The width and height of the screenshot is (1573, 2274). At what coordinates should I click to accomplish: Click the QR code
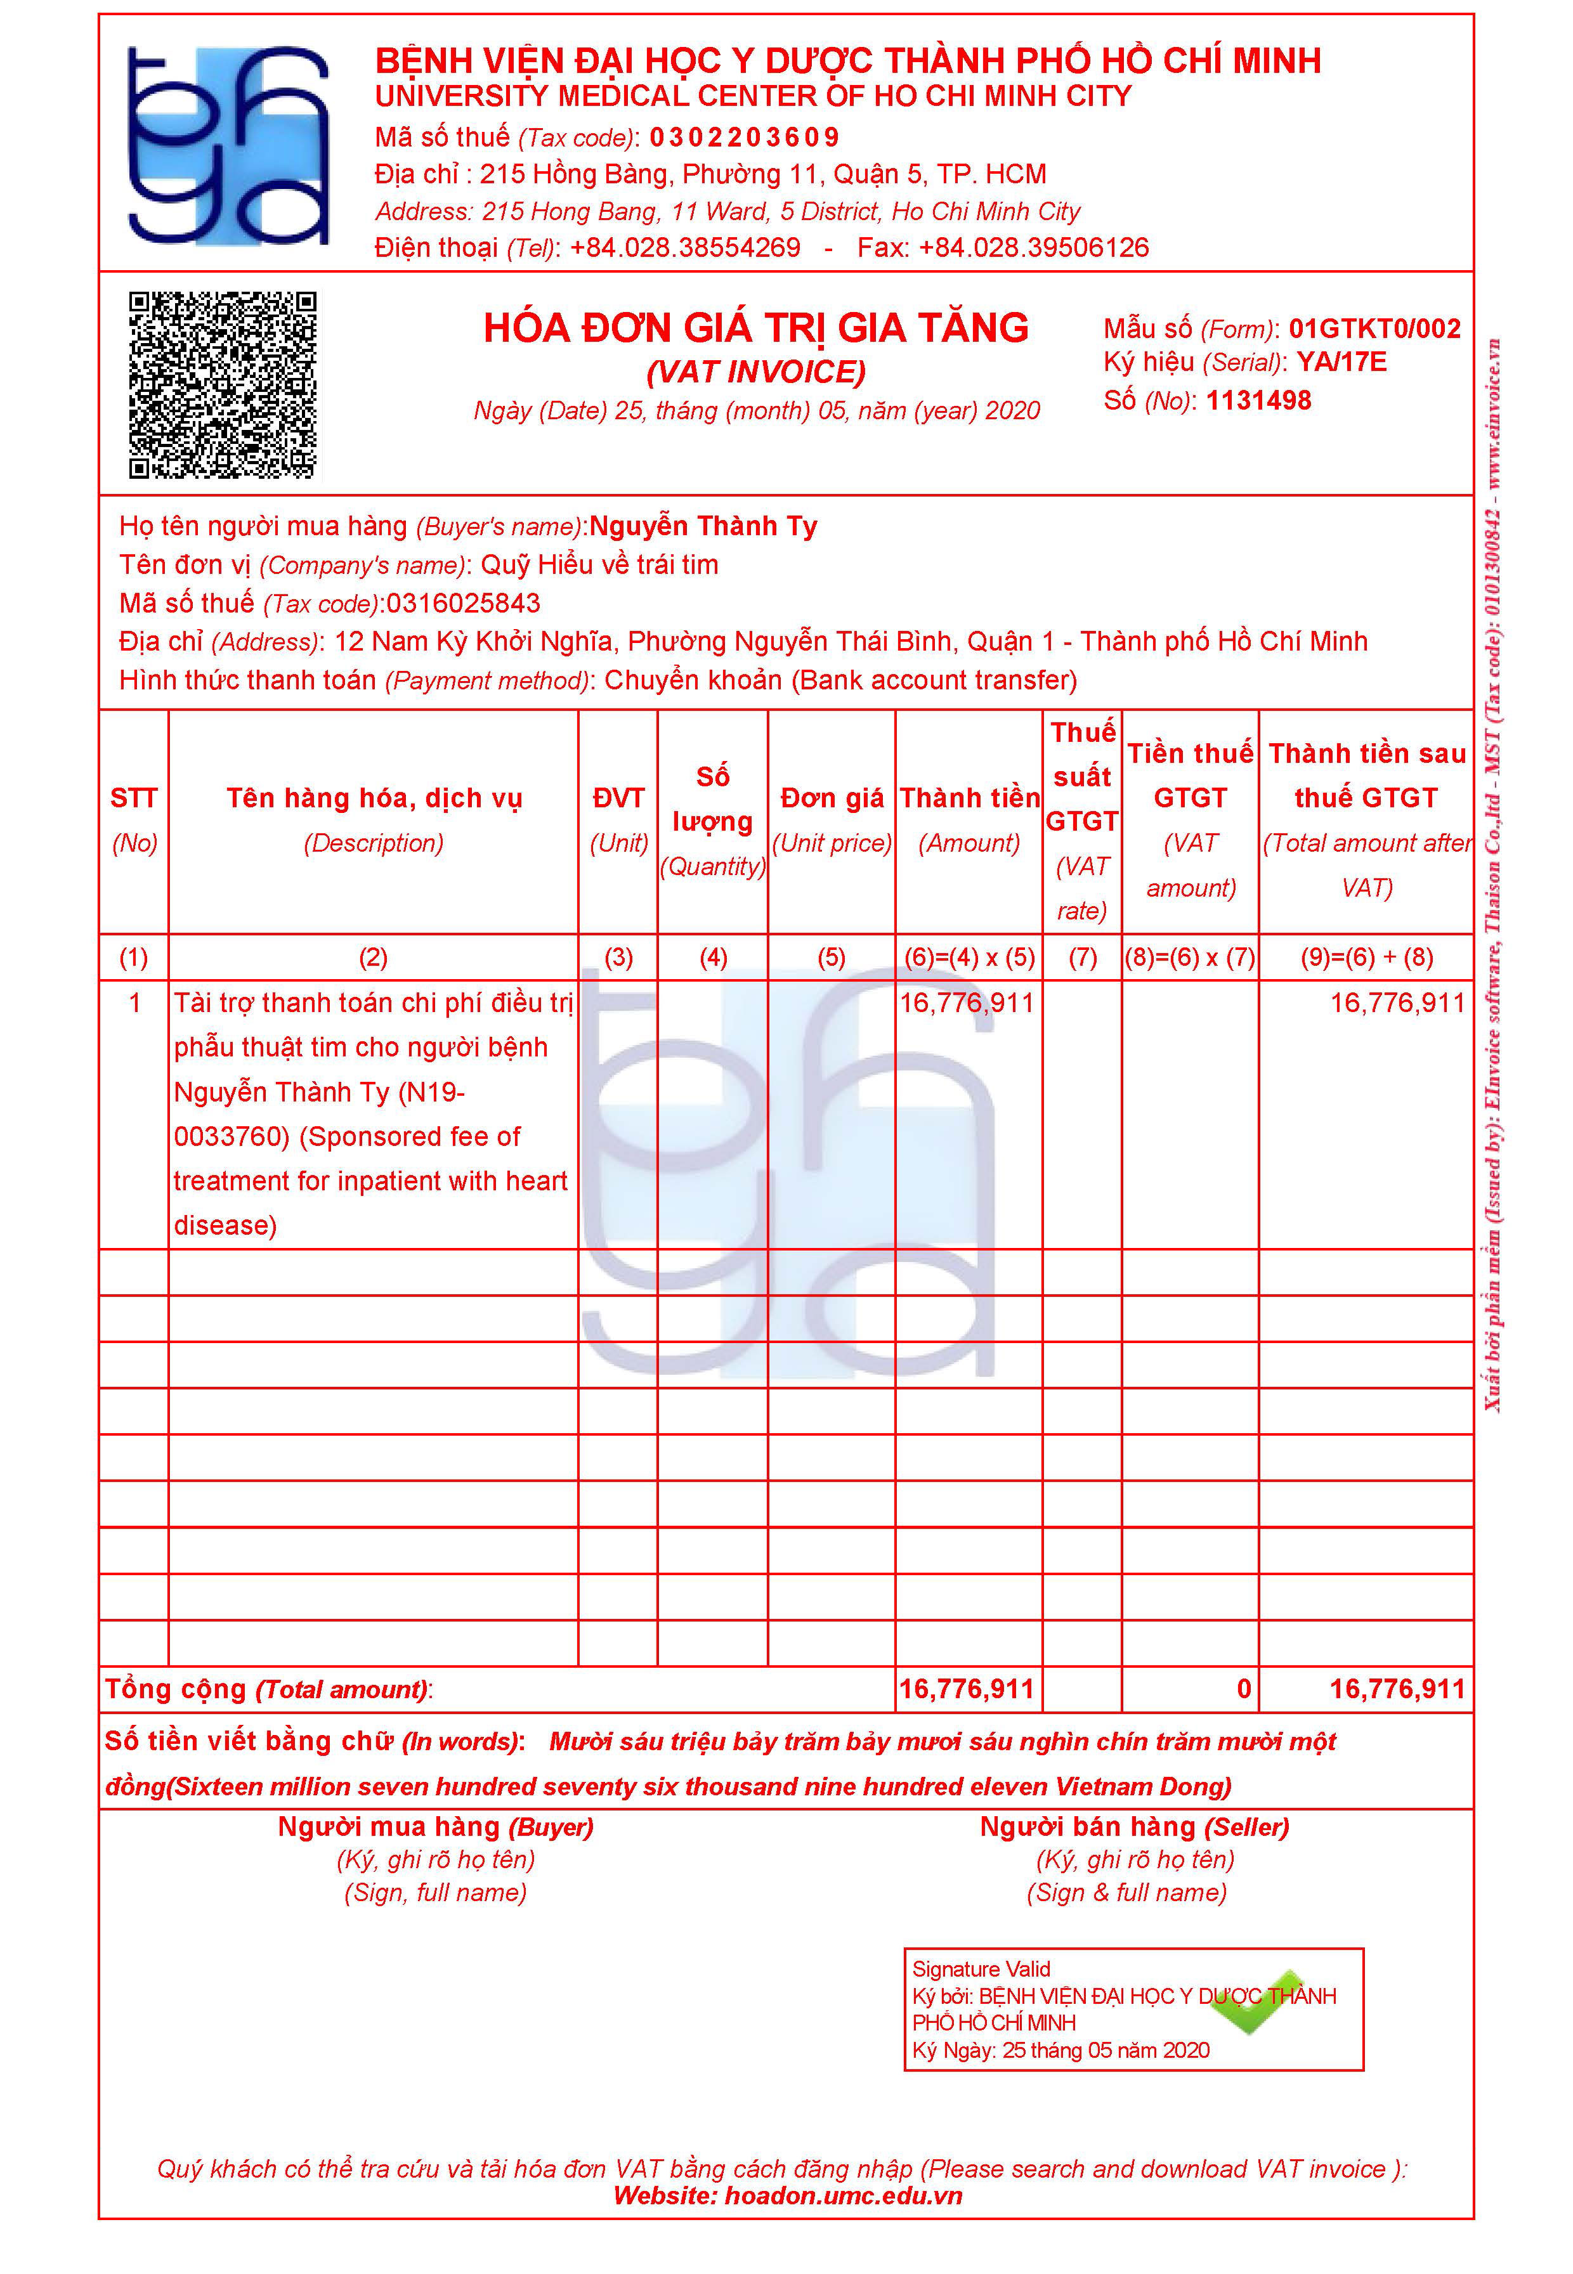[224, 386]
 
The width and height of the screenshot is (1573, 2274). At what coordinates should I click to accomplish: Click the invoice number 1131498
[1258, 400]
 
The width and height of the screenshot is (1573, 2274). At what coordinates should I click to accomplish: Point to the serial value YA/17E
[1341, 363]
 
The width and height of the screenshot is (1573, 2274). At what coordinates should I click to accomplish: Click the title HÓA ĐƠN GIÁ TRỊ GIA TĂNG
[756, 328]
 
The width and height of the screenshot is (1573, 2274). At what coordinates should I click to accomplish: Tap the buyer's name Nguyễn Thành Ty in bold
[703, 526]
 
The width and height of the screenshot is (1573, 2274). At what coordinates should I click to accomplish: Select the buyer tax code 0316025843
[463, 603]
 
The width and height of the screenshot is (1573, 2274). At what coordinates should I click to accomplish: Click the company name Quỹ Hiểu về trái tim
[599, 564]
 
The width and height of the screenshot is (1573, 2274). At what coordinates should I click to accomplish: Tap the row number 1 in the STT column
[135, 1003]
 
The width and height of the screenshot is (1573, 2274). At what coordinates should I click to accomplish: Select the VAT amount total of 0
[1244, 1689]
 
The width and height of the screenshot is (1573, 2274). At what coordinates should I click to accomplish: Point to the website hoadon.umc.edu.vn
[844, 2195]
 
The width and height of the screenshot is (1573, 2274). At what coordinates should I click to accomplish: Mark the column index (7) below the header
[1082, 957]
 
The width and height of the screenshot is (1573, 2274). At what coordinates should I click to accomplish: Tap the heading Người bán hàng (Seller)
[1133, 1827]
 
